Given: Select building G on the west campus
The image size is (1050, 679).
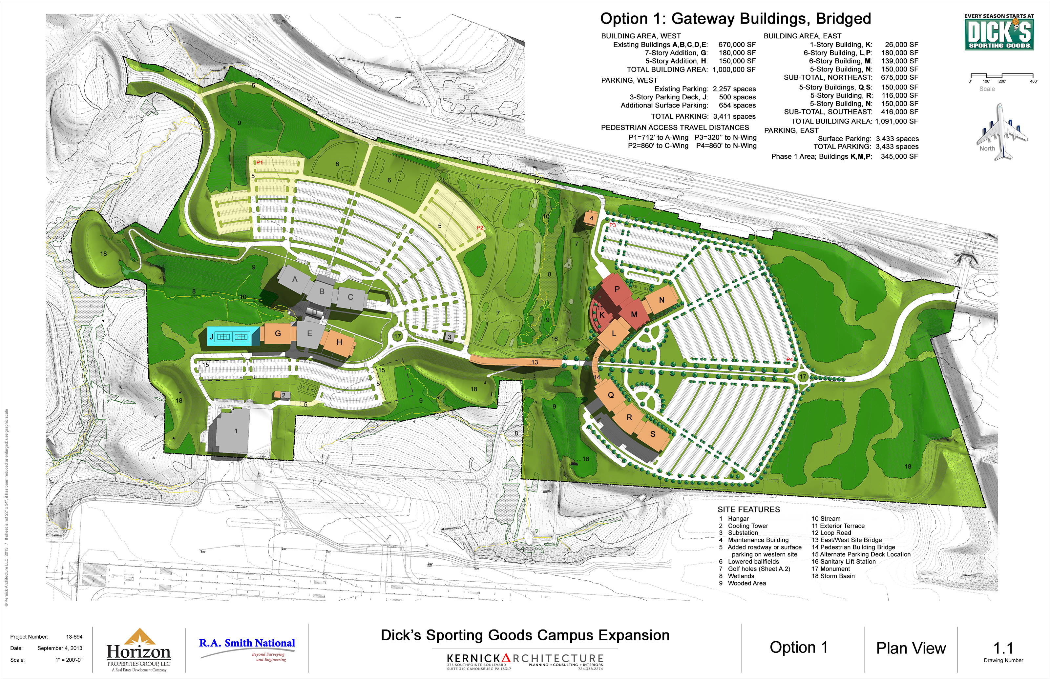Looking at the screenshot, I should pyautogui.click(x=278, y=333).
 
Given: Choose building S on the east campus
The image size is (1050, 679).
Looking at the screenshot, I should pyautogui.click(x=653, y=434).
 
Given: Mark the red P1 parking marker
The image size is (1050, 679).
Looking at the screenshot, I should pyautogui.click(x=260, y=163).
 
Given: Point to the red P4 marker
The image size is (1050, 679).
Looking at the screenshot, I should pyautogui.click(x=790, y=360).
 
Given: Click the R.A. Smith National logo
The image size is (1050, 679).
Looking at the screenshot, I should pyautogui.click(x=247, y=648).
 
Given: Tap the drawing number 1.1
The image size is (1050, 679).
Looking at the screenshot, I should pyautogui.click(x=1003, y=648).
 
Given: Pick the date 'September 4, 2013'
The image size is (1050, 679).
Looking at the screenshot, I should pyautogui.click(x=60, y=648).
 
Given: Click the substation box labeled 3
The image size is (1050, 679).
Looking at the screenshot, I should pyautogui.click(x=449, y=337).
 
